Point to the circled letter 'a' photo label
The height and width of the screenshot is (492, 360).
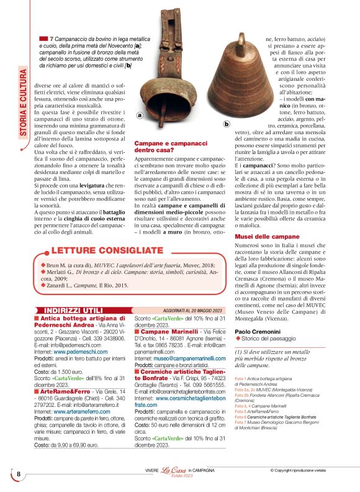(140, 115)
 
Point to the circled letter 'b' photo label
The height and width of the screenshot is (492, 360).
(226, 124)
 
